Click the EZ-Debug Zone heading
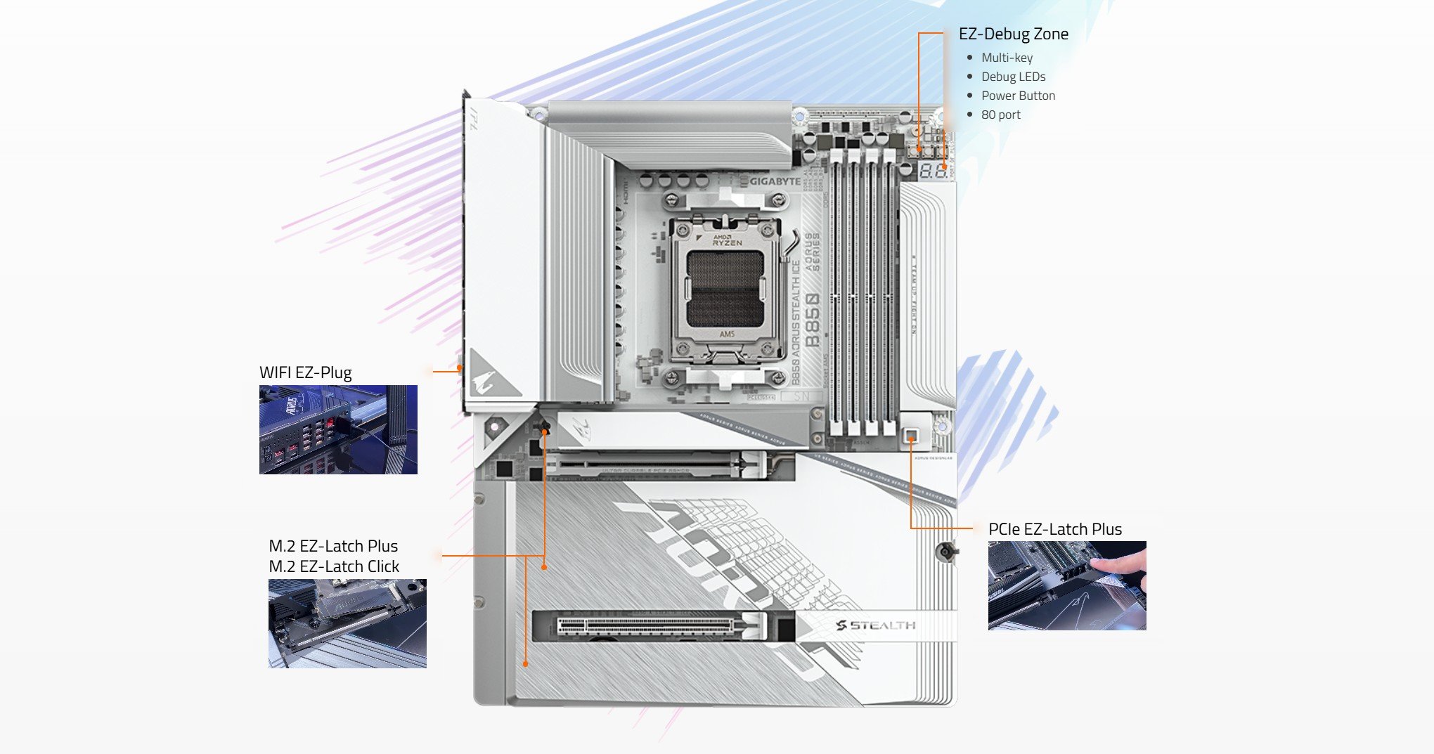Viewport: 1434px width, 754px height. (x=1013, y=34)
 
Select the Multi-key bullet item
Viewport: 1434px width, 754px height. (x=1007, y=58)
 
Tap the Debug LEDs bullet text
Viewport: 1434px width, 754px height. (x=1013, y=77)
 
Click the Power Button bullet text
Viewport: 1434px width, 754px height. (x=1018, y=96)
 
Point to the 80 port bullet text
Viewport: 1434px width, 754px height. (x=1000, y=115)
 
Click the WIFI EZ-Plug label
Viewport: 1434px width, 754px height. (x=305, y=372)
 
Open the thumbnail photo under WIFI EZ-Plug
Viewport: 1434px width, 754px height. (x=338, y=429)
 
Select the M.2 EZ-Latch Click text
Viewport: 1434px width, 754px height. (x=333, y=566)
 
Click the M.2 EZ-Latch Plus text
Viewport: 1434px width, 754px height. (x=332, y=546)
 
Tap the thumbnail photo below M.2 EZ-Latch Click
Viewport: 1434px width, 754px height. (x=347, y=623)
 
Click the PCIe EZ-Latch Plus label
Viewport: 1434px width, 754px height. (x=1054, y=529)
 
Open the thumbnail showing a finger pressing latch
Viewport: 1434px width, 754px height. (x=1066, y=585)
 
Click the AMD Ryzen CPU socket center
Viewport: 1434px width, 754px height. (x=725, y=290)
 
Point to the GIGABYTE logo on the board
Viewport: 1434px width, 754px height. (x=775, y=181)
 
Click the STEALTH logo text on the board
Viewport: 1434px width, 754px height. (x=876, y=625)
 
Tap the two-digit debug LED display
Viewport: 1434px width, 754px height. (x=933, y=170)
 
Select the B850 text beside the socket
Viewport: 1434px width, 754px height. (x=812, y=320)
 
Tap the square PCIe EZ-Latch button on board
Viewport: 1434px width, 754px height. (x=911, y=436)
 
